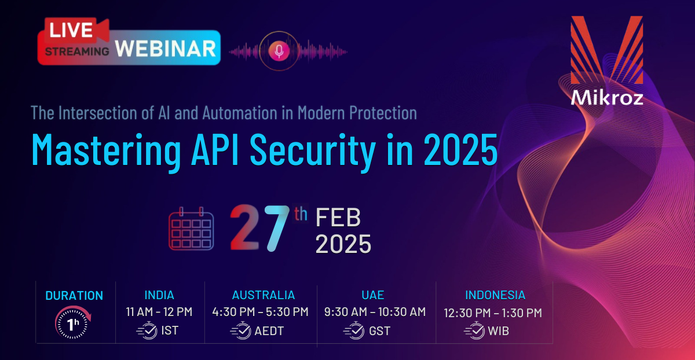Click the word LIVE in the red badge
[71, 30]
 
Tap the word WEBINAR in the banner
[166, 49]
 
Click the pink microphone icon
[279, 51]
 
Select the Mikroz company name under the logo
[607, 98]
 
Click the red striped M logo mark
[607, 50]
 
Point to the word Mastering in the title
[106, 150]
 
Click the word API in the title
[215, 149]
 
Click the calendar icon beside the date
[191, 229]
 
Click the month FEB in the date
[338, 218]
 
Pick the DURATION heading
[74, 296]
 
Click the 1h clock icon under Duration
[73, 322]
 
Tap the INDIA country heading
[159, 295]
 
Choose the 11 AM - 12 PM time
[159, 311]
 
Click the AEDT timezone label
[269, 331]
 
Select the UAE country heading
[373, 295]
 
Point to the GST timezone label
[380, 331]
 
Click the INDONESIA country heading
[495, 295]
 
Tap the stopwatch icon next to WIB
[475, 330]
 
